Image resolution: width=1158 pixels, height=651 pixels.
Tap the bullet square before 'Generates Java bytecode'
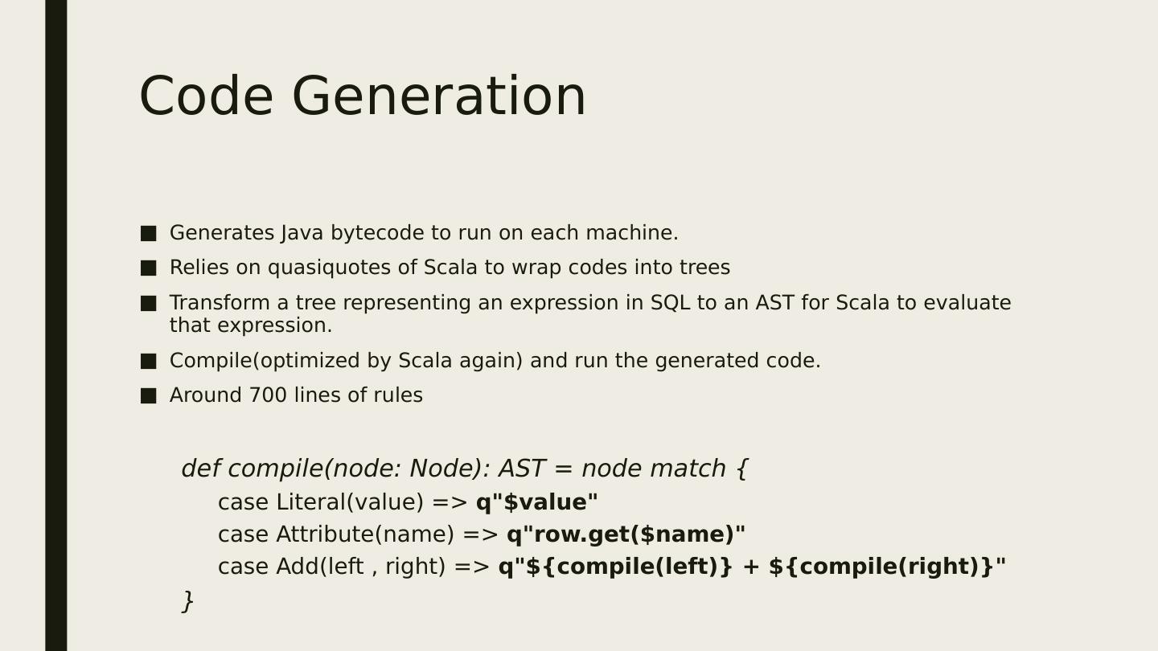click(148, 233)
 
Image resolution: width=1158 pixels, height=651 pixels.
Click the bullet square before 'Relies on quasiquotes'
click(148, 268)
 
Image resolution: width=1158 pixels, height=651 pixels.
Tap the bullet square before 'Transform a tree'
click(148, 303)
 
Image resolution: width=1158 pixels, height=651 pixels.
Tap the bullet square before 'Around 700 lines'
click(148, 395)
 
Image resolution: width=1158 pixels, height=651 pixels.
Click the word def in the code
click(200, 469)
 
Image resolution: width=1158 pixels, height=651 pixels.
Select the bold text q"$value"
click(536, 502)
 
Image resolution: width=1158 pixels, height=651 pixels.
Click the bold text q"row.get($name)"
click(626, 534)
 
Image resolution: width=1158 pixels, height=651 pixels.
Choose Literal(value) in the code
click(350, 502)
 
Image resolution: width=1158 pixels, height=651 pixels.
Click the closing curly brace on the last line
click(188, 601)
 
